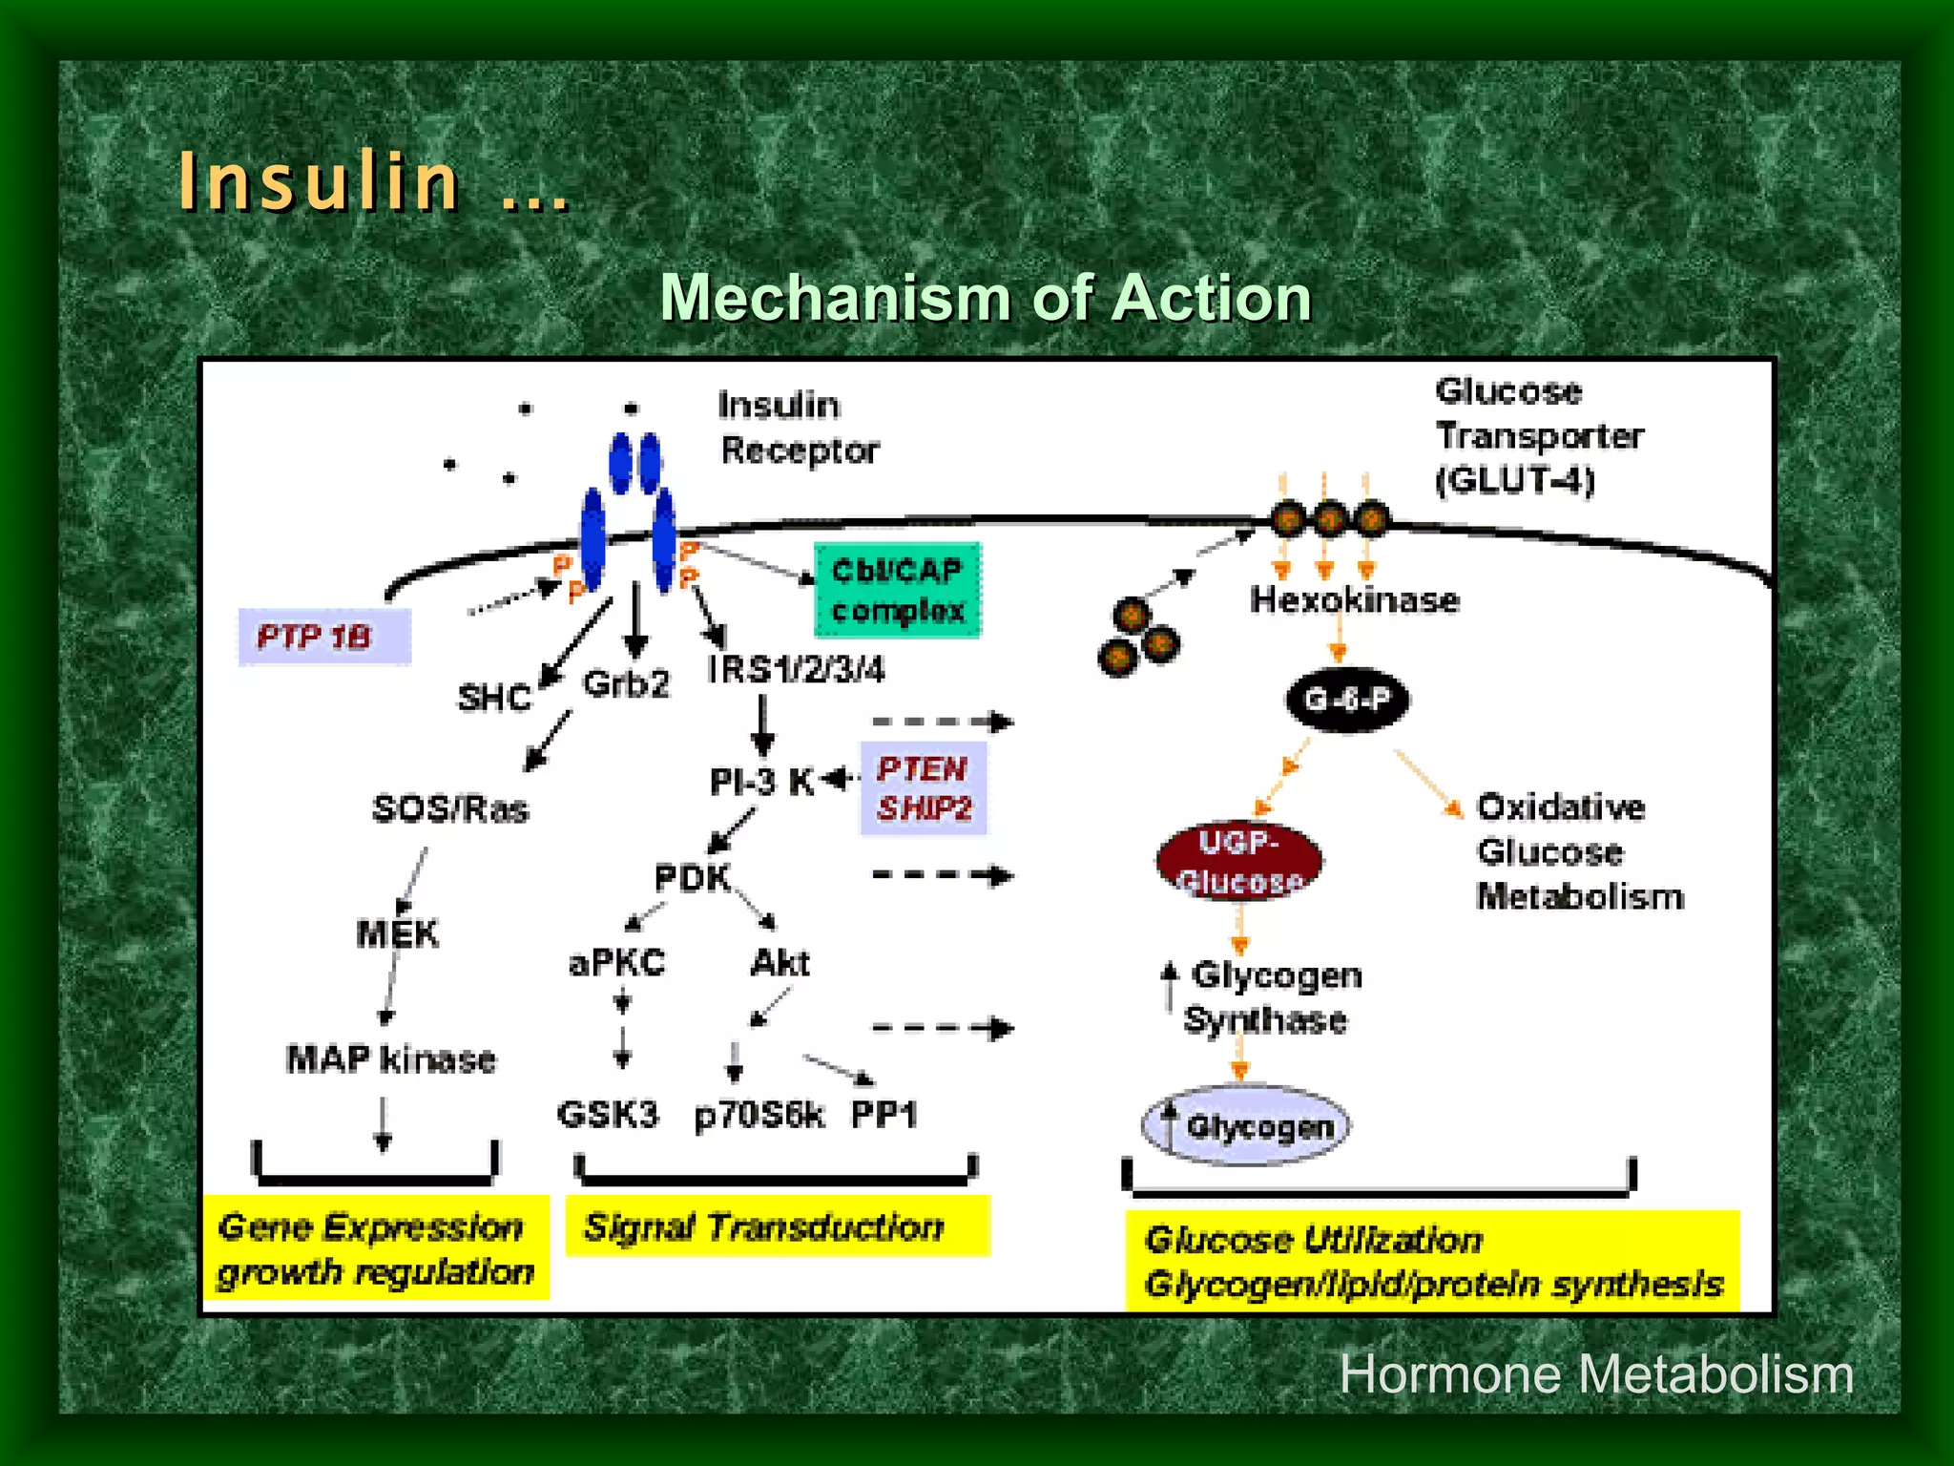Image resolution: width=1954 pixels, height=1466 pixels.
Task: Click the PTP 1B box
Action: click(x=323, y=636)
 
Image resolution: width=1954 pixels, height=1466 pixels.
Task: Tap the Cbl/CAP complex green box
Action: click(x=897, y=590)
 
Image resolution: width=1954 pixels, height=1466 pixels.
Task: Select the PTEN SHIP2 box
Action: click(x=924, y=788)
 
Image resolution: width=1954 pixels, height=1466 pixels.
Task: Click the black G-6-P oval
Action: click(x=1347, y=700)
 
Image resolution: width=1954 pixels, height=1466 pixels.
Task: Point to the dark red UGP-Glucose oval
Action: click(x=1238, y=861)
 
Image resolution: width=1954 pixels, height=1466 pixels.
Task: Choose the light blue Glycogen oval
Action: click(x=1246, y=1125)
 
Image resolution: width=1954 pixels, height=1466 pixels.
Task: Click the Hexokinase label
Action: click(x=1355, y=600)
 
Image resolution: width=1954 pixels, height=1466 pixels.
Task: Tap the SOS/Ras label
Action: click(x=450, y=808)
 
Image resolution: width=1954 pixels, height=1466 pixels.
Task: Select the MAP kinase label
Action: click(x=391, y=1058)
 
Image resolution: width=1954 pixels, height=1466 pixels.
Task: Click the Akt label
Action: click(x=780, y=962)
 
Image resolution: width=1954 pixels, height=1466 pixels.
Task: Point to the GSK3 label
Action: click(x=608, y=1114)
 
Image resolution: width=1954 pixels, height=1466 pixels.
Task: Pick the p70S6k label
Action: click(x=759, y=1114)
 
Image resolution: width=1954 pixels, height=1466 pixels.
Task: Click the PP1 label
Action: click(x=883, y=1114)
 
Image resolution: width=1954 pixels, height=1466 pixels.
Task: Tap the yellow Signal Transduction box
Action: click(x=777, y=1226)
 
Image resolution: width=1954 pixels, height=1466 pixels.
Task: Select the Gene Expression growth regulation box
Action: click(x=376, y=1248)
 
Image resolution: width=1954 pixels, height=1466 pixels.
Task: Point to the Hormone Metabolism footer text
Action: click(x=1596, y=1374)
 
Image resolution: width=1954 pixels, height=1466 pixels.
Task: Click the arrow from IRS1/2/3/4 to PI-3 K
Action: click(x=762, y=725)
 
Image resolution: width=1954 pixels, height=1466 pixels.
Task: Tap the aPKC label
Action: click(x=616, y=962)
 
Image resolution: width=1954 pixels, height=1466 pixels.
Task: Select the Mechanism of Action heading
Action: click(x=986, y=298)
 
